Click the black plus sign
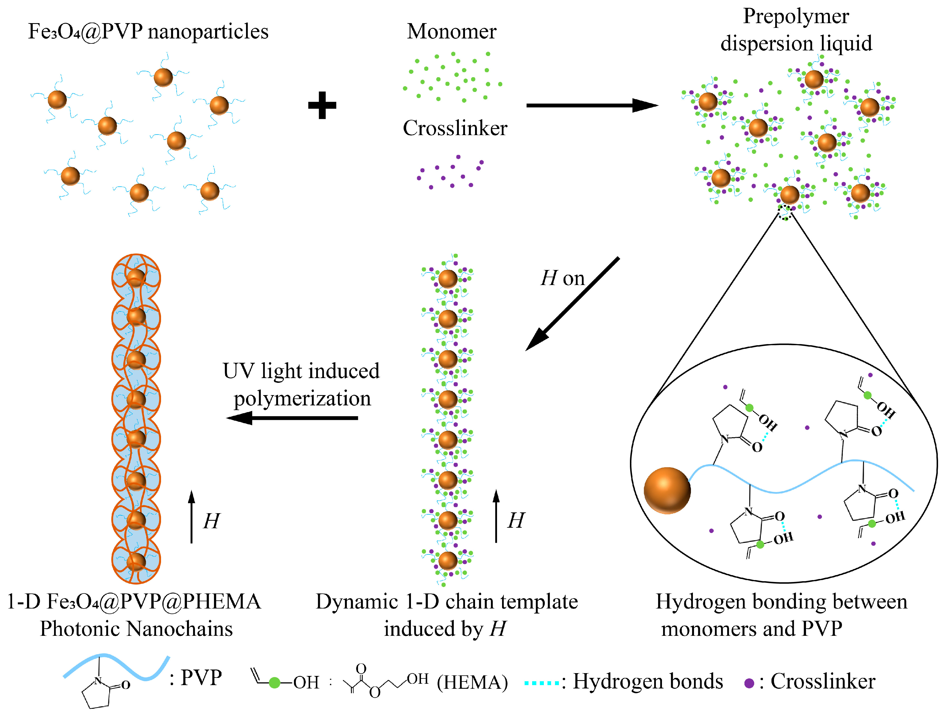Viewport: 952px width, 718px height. click(x=322, y=105)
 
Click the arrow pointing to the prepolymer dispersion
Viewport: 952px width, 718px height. click(x=592, y=105)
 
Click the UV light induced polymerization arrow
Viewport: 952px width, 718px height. click(x=292, y=418)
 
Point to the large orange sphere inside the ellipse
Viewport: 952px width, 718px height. click(x=667, y=490)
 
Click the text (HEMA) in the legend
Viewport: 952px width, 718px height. click(x=472, y=683)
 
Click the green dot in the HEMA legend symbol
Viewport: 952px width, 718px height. click(x=274, y=683)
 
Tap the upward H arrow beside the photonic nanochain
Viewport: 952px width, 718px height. click(x=191, y=517)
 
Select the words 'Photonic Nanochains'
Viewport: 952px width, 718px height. click(x=136, y=629)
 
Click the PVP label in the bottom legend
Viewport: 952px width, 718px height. click(x=201, y=678)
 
